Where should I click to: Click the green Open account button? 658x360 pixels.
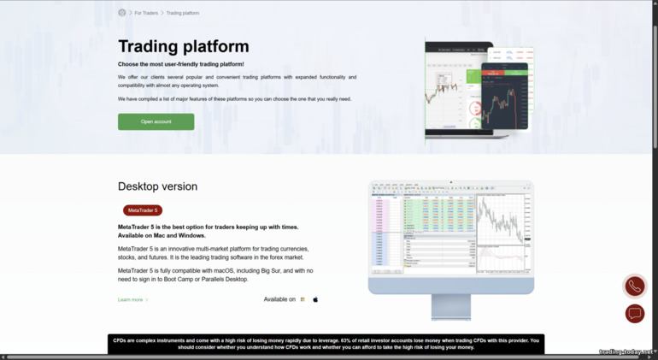(156, 121)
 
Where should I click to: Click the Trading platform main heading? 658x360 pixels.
(184, 46)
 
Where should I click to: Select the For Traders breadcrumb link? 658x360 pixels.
(146, 13)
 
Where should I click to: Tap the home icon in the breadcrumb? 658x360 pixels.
(122, 13)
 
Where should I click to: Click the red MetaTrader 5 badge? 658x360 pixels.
(143, 210)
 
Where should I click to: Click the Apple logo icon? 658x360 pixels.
(315, 299)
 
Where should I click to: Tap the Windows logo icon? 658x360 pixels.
(303, 299)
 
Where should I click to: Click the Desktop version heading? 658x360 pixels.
(157, 186)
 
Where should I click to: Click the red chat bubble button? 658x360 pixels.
(634, 314)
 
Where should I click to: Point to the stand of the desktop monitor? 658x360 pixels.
(450, 306)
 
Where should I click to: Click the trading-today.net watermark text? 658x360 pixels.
(626, 351)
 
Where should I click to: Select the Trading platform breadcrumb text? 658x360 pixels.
(183, 13)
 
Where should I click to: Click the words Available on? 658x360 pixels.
(279, 299)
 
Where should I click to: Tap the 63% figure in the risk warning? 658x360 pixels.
(345, 340)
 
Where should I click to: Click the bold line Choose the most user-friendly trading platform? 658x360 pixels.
(181, 64)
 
